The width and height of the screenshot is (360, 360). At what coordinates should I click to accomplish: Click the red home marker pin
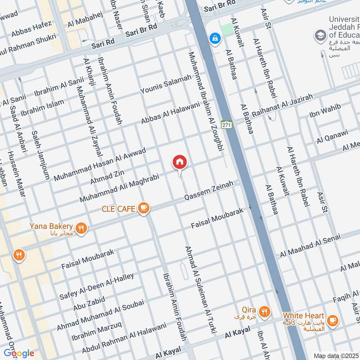point(180,162)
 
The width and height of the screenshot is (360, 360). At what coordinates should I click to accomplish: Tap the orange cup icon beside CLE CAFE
point(144,207)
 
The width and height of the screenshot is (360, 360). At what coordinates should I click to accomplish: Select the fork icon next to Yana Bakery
point(81,228)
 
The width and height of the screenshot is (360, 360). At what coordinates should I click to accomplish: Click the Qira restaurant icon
point(265,310)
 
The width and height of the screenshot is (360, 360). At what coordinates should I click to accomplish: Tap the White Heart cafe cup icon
point(333,320)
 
